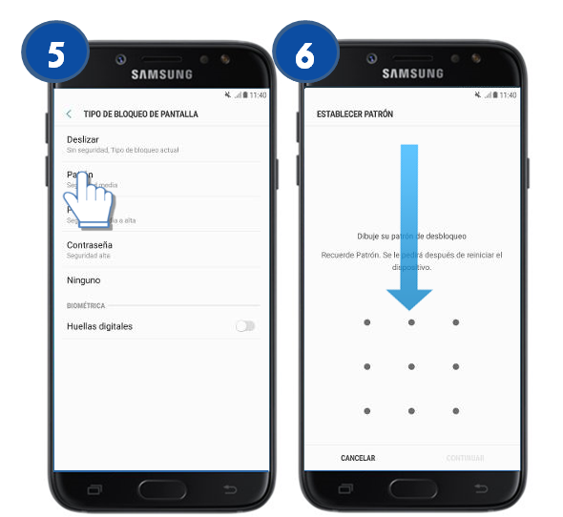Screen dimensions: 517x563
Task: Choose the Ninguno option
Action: coord(83,280)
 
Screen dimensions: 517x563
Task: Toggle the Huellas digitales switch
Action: coord(245,326)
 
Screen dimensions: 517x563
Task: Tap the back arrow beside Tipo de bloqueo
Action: coord(69,114)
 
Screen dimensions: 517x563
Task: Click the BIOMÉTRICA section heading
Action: coord(86,305)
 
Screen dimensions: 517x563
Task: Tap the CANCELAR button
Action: coord(358,458)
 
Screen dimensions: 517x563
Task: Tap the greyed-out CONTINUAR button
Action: coord(465,458)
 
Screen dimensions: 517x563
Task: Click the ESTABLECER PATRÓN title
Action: coord(355,114)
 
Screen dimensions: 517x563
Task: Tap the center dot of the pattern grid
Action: coord(411,366)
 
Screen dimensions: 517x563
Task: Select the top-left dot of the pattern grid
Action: coord(366,322)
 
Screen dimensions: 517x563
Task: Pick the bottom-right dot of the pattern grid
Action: coord(456,411)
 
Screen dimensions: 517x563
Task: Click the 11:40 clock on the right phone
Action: coord(508,95)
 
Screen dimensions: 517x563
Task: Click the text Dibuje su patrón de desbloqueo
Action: coord(410,236)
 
